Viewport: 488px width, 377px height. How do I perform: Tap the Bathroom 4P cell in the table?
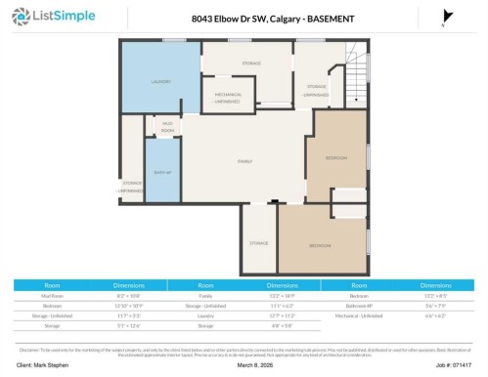pyautogui.click(x=359, y=305)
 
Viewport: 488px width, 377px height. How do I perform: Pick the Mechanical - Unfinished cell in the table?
pyautogui.click(x=359, y=315)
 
